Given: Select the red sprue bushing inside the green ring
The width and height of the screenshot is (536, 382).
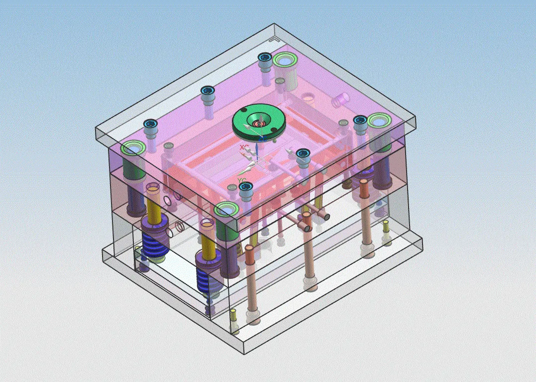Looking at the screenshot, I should (x=259, y=122).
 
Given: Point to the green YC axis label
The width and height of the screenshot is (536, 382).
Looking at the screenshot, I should (x=242, y=180).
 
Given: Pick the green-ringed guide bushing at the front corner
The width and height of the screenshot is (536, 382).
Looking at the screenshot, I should (x=226, y=210).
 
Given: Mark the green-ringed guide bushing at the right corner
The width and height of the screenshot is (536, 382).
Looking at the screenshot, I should (x=379, y=121).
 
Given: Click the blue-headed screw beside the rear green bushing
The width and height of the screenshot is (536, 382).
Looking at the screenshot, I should (x=264, y=59).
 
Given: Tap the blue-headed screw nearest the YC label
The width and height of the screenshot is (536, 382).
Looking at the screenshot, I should (x=245, y=188).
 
